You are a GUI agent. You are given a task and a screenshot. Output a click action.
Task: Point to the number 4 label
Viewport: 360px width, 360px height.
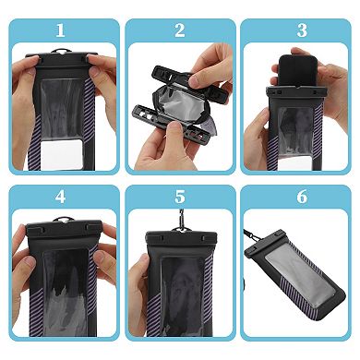61,196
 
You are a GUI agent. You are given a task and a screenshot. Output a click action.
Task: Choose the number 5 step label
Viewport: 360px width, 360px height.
179,196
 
